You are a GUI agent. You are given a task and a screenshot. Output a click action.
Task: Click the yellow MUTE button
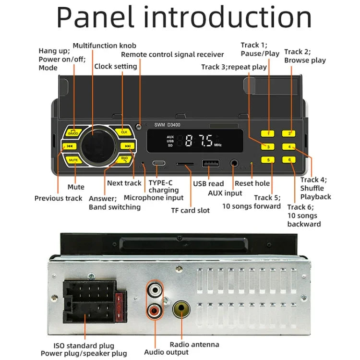click(x=73, y=159)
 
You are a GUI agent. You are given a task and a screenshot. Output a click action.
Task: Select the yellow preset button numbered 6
click(x=289, y=160)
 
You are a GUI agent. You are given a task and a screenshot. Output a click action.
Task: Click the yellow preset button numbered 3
click(x=268, y=146)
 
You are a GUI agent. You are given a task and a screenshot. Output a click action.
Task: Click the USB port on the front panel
click(x=210, y=163)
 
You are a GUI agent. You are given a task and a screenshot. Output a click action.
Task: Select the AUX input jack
click(x=235, y=163)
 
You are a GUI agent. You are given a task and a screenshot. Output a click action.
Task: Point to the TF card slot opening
click(x=185, y=164)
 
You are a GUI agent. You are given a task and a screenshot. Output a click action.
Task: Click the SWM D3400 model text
click(x=168, y=125)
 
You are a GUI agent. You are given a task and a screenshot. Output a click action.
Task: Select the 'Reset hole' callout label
click(x=252, y=183)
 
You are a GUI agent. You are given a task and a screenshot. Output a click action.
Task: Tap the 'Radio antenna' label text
click(x=194, y=344)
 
